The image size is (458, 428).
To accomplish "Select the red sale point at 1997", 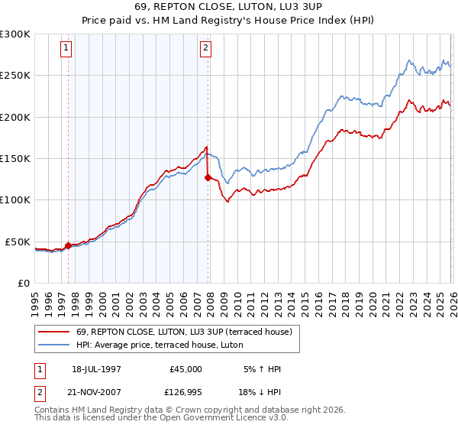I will [x=68, y=245].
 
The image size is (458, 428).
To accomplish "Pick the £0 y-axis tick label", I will [x=23, y=283].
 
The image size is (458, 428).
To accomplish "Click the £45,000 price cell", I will [x=185, y=369].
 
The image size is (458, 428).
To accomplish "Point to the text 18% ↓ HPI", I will [x=259, y=391].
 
